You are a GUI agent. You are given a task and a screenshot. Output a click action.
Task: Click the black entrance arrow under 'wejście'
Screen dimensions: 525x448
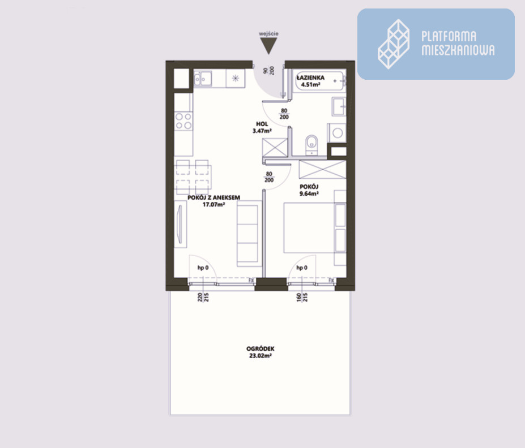pos(268,45)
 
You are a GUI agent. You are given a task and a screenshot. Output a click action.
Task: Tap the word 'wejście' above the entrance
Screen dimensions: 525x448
pos(268,33)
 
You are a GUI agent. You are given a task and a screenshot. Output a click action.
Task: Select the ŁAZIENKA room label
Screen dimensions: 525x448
pos(310,77)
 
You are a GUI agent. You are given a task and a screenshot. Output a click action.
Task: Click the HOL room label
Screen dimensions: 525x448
pos(262,124)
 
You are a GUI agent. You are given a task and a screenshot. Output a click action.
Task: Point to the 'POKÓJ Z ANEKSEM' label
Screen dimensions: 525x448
pos(214,197)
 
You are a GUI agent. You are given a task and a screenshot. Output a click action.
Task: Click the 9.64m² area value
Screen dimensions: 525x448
pos(309,193)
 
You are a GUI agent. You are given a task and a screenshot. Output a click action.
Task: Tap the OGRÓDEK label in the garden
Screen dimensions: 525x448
pos(260,348)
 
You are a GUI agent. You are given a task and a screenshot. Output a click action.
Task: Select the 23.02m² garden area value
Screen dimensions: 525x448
pos(260,356)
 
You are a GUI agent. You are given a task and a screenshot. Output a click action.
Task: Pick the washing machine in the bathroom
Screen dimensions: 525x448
pos(337,133)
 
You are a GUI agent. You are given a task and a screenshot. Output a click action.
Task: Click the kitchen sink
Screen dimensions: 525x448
pos(203,79)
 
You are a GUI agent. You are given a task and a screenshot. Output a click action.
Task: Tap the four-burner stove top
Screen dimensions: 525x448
pos(183,121)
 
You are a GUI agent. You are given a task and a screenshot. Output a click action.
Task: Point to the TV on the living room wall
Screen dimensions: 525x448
pos(180,224)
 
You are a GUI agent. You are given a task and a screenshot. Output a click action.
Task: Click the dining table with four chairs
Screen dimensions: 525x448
pos(194,177)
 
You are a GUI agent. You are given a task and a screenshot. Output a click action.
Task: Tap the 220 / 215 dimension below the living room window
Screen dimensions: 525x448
pos(203,297)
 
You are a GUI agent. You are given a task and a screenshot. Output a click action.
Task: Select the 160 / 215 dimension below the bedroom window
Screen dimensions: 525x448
pos(302,297)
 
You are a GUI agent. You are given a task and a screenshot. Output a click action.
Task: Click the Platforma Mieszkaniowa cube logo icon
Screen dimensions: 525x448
pos(394,44)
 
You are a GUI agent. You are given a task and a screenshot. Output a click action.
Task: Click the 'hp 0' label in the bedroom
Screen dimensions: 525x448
pos(302,268)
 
